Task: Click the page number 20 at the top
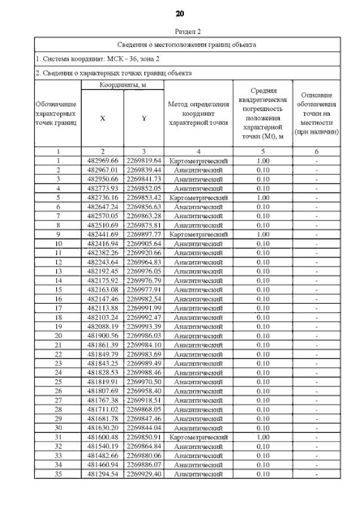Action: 179,13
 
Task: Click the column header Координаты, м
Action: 123,84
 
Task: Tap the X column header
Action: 102,119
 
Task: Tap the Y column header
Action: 143,119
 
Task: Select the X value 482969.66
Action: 102,161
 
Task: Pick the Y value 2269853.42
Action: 143,199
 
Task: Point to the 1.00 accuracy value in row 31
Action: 262,437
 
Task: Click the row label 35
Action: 58,474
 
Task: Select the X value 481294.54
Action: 102,474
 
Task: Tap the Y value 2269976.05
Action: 143,271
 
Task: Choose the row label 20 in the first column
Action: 58,335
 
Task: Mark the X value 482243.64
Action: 102,262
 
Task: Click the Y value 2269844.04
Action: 143,427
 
